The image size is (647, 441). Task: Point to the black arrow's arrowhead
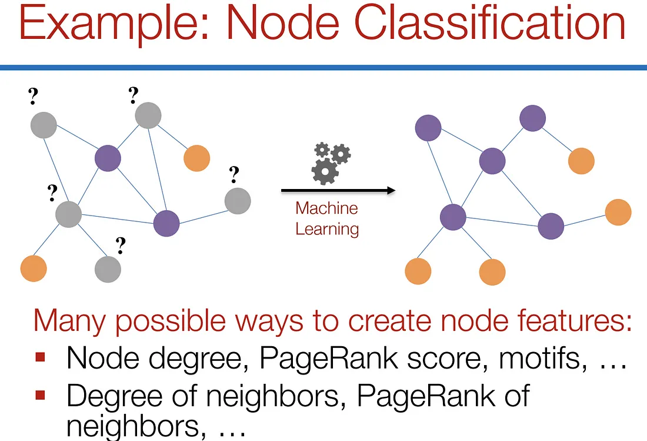(389, 190)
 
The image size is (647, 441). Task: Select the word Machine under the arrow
(326, 208)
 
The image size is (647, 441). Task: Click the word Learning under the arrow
(327, 228)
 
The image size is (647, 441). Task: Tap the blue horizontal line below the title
(323, 68)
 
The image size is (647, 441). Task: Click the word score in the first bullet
(446, 357)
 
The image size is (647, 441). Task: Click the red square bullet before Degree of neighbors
(41, 394)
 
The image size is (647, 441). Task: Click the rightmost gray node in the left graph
(238, 201)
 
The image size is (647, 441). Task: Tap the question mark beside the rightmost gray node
(235, 174)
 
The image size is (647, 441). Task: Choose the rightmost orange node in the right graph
(618, 212)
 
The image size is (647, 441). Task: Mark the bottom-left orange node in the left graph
(34, 268)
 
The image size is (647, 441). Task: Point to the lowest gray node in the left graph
(108, 268)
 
